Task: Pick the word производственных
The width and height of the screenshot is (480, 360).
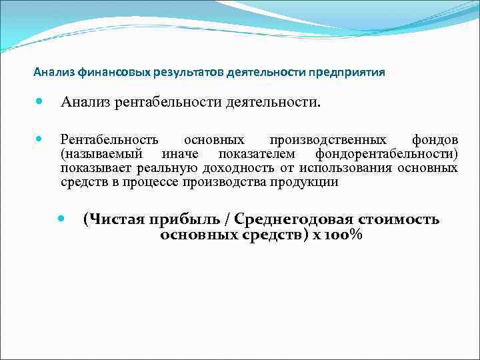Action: tap(327, 140)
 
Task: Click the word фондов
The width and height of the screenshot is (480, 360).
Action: tap(435, 140)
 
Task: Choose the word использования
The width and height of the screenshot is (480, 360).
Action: tap(347, 168)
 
